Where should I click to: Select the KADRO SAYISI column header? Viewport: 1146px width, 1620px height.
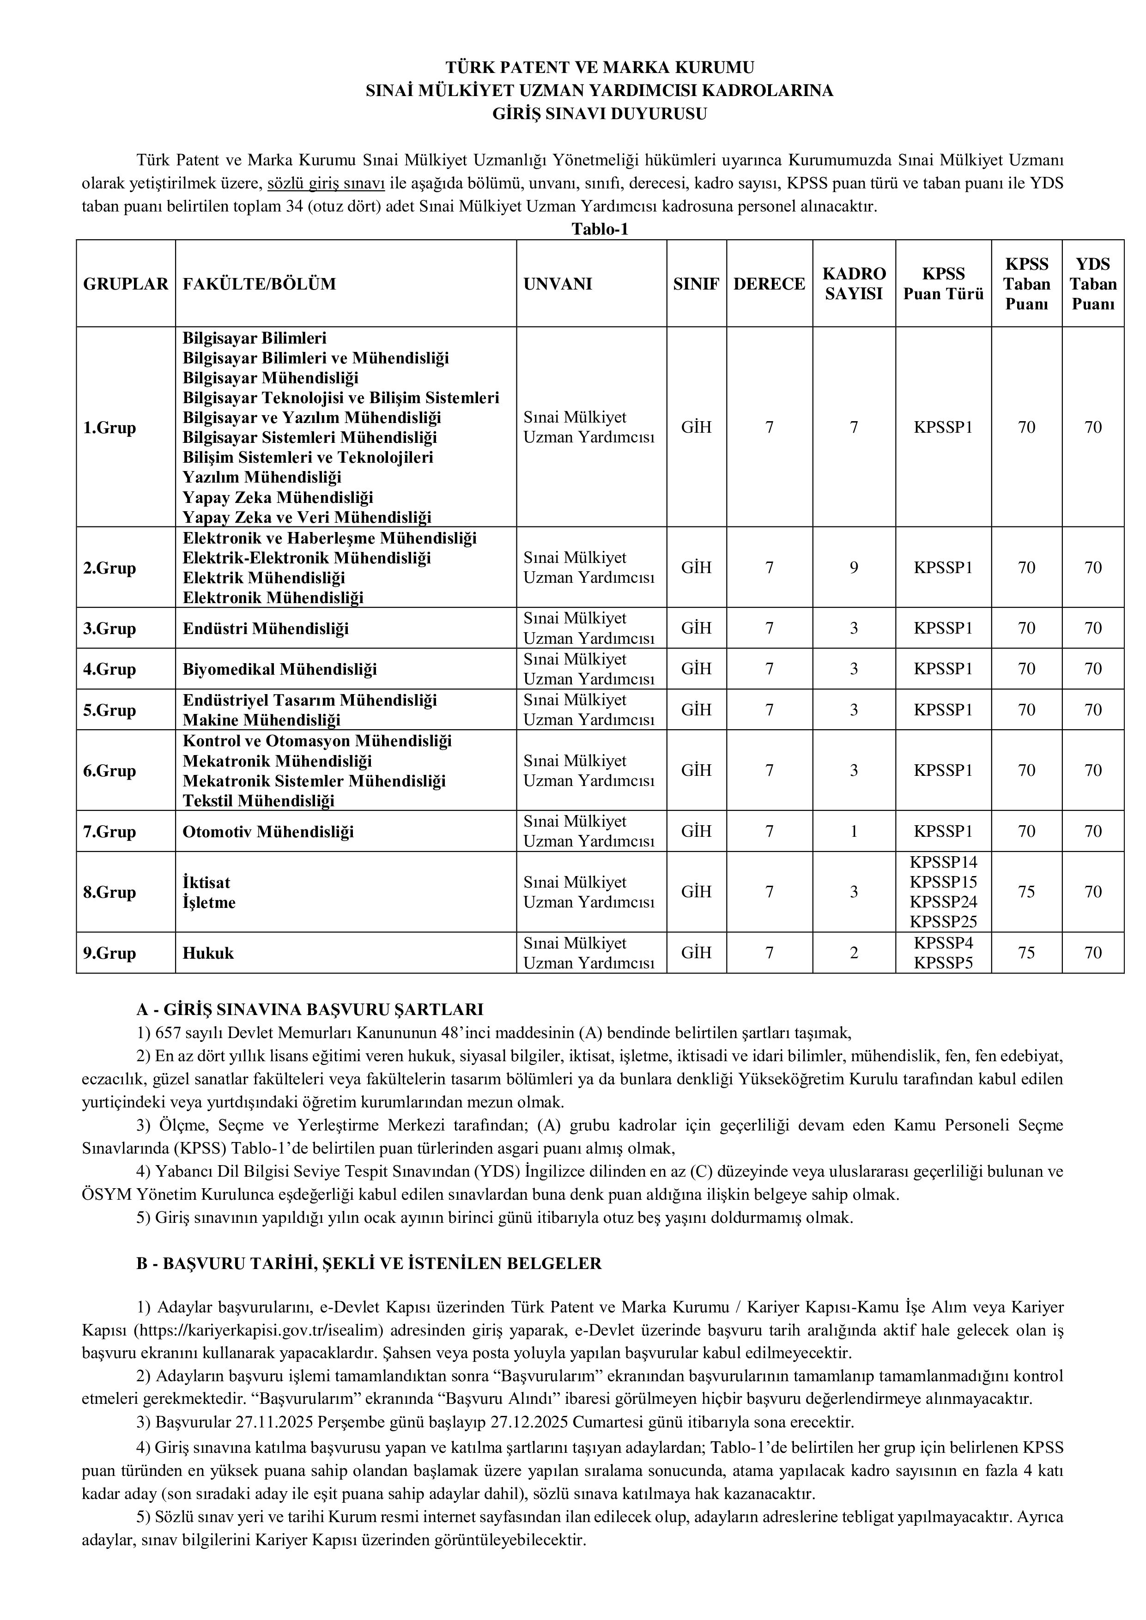854,284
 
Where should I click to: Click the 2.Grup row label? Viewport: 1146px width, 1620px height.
109,568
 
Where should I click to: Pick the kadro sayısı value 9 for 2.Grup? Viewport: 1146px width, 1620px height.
854,568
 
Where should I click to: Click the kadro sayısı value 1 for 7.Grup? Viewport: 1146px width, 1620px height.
854,832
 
